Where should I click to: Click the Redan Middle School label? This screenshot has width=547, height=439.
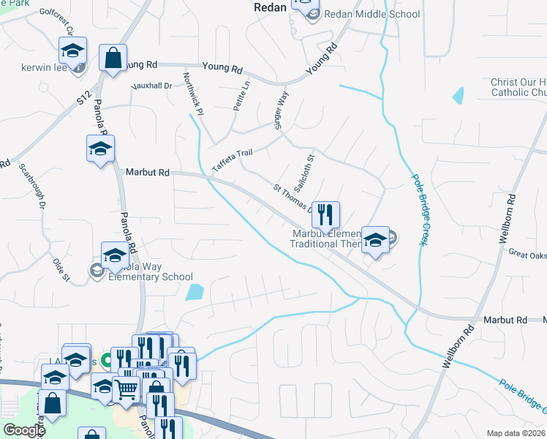pos(371,15)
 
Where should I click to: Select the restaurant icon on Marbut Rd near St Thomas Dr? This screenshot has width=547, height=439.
pos(326,214)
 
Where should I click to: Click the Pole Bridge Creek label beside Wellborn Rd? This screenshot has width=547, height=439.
pos(419,211)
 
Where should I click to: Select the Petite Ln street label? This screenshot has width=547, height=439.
pos(241,96)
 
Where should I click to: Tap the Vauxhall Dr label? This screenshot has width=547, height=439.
pos(151,86)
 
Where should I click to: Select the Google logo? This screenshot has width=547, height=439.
pos(23,429)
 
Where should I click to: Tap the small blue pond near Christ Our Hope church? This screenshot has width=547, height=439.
pos(459,95)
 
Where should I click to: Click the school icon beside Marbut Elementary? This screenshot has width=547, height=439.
pos(375,240)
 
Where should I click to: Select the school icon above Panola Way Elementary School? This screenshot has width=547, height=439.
pos(115,255)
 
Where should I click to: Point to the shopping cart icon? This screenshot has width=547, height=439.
pos(127,390)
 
